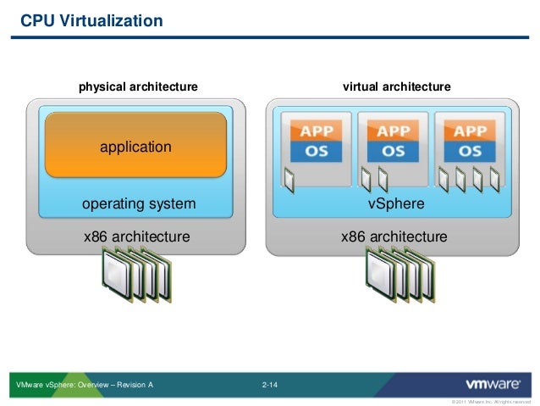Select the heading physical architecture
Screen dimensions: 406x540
pyautogui.click(x=138, y=86)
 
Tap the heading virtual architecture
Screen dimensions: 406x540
pyautogui.click(x=396, y=86)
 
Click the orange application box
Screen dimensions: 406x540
pyautogui.click(x=135, y=146)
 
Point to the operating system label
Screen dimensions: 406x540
pyautogui.click(x=138, y=203)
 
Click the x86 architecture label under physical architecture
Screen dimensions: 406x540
pyautogui.click(x=136, y=236)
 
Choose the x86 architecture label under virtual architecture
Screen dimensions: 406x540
pyautogui.click(x=394, y=236)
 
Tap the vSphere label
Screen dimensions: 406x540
pyautogui.click(x=395, y=204)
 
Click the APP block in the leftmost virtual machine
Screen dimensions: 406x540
pyautogui.click(x=317, y=131)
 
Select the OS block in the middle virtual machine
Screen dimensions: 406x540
pyautogui.click(x=393, y=152)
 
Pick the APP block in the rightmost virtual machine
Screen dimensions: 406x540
pyautogui.click(x=470, y=131)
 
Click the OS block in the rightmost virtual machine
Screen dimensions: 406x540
pyautogui.click(x=470, y=152)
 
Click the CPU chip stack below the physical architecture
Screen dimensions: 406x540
pyautogui.click(x=135, y=275)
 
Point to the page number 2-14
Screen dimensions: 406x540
pyautogui.click(x=270, y=386)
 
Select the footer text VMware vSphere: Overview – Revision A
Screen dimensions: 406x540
pyautogui.click(x=85, y=386)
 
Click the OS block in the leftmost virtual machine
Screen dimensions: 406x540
pyautogui.click(x=317, y=152)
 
